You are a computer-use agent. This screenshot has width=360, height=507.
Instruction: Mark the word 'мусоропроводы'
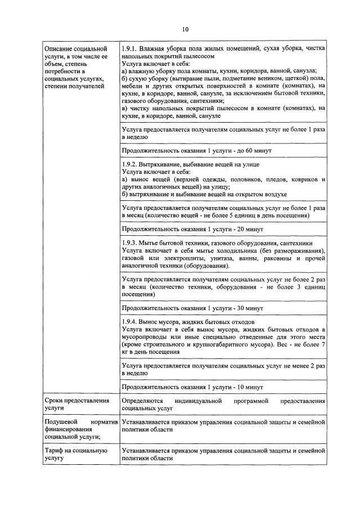click(146, 336)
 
